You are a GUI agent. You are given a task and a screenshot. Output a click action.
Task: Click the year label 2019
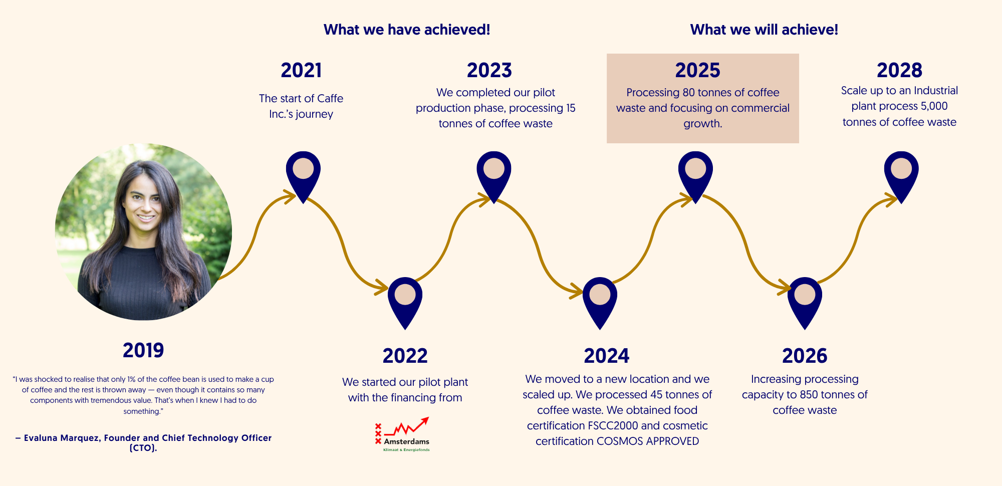[x=143, y=350]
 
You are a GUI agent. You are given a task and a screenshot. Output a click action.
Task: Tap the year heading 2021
[x=301, y=70]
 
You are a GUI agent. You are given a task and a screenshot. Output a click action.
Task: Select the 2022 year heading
[x=405, y=356]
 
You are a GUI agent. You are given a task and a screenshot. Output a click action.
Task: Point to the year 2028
[x=899, y=70]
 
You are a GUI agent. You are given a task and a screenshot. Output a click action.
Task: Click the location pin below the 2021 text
[x=303, y=177]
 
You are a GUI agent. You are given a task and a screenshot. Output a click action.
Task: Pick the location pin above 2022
[x=405, y=303]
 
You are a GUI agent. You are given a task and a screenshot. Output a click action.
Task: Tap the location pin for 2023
[x=494, y=177]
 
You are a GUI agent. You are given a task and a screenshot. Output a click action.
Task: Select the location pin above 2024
[x=600, y=303]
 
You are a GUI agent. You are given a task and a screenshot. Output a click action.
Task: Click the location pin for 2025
[x=695, y=177]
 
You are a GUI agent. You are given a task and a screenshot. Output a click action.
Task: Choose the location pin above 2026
[x=805, y=303]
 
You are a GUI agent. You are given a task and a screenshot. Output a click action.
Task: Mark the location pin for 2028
[x=901, y=177]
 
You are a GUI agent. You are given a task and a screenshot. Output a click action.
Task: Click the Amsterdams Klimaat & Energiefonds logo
[x=402, y=434]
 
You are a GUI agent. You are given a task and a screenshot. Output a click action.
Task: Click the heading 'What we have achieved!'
[x=407, y=30]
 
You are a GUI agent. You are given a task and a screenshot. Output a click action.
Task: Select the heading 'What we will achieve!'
[x=764, y=30]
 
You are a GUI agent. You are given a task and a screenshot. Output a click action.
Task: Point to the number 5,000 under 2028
[x=934, y=106]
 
